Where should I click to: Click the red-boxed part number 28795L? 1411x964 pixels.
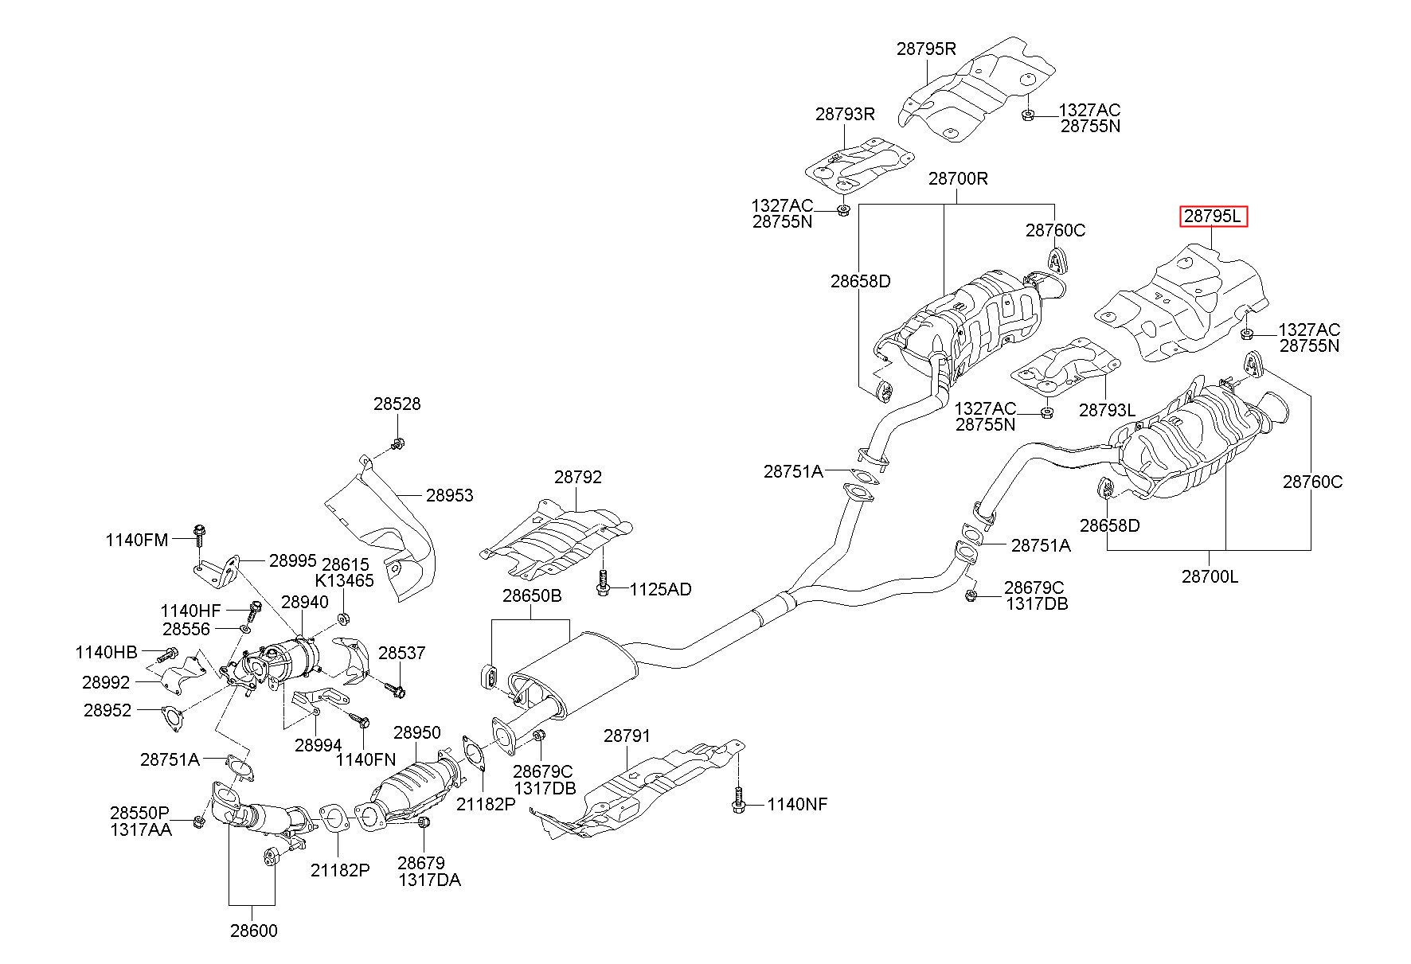point(1213,217)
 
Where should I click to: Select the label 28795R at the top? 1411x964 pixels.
point(926,48)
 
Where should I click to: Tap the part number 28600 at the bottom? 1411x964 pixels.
point(254,931)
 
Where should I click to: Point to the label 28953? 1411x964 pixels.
point(449,495)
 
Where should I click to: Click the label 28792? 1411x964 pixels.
point(578,477)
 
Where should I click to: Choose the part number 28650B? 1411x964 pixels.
point(532,595)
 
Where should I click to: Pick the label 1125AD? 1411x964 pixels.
point(661,590)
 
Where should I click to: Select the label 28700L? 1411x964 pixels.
point(1210,576)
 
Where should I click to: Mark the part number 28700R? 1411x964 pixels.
point(958,178)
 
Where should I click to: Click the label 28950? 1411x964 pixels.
point(416,732)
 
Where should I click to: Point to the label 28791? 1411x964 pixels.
point(627,736)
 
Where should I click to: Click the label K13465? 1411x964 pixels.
point(345,580)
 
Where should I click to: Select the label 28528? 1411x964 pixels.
point(397,404)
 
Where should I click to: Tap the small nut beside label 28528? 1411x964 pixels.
point(399,443)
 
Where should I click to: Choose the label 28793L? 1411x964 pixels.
point(1108,410)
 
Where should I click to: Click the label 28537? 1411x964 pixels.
point(402,653)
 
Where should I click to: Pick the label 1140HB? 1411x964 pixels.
point(107,652)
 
